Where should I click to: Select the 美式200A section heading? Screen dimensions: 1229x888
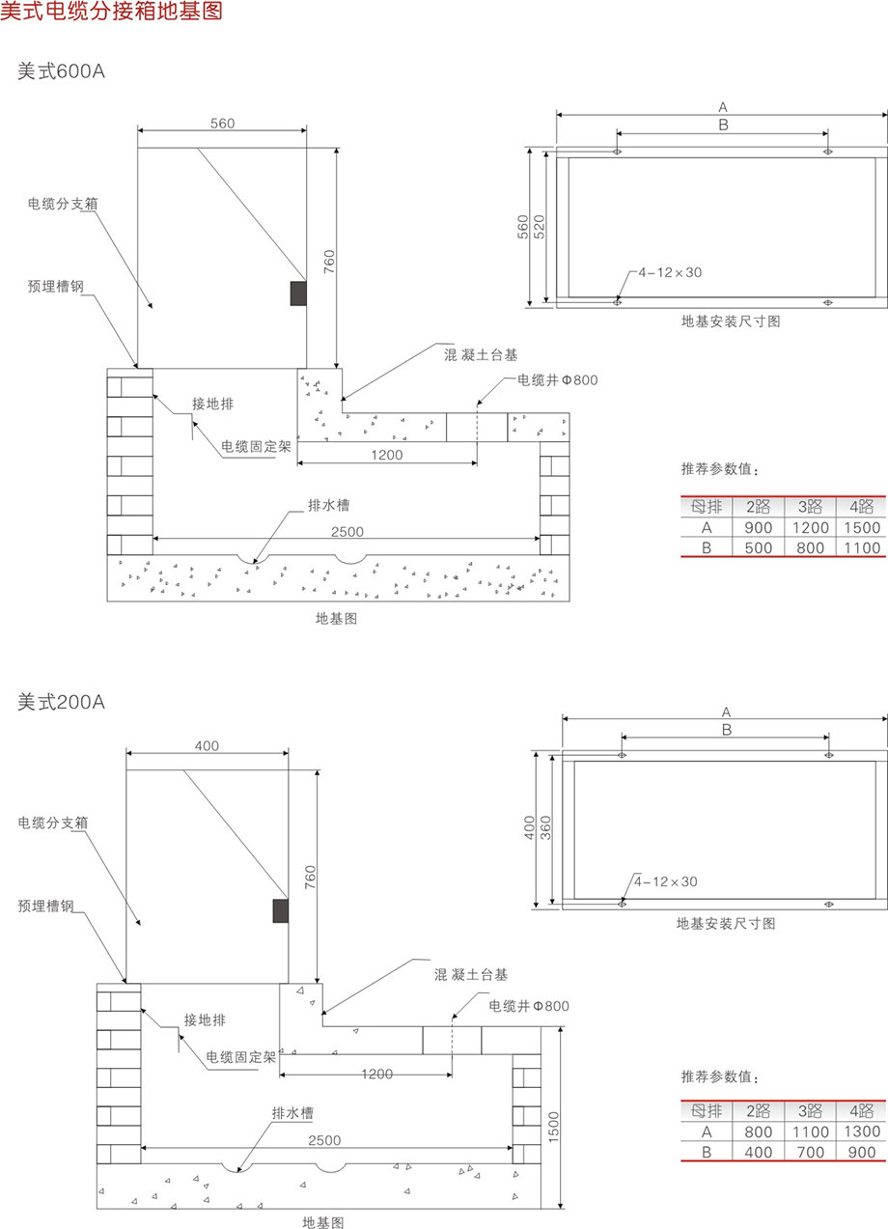pos(60,702)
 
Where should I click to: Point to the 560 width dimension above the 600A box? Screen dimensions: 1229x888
pos(222,123)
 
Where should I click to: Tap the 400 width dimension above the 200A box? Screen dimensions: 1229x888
pos(207,745)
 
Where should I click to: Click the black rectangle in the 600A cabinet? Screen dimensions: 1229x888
pos(299,293)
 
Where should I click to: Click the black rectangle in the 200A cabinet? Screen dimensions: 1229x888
pos(281,910)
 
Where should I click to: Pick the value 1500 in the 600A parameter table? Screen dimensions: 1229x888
pos(861,527)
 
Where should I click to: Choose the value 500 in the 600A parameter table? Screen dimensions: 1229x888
pos(758,548)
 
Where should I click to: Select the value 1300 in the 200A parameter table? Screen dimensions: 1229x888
pos(861,1131)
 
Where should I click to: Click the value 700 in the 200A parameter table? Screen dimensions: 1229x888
pos(811,1152)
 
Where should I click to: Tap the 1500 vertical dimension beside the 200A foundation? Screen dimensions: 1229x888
pos(553,1124)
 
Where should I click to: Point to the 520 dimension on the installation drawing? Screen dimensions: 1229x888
pos(540,226)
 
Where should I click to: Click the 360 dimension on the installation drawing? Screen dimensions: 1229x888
pos(545,829)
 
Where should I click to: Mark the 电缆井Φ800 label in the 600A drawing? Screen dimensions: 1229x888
pos(558,380)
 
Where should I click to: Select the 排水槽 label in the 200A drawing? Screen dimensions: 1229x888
pos(293,1113)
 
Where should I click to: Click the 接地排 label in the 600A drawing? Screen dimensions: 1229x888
pos(212,403)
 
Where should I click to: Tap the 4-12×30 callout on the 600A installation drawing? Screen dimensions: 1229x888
pos(670,273)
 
